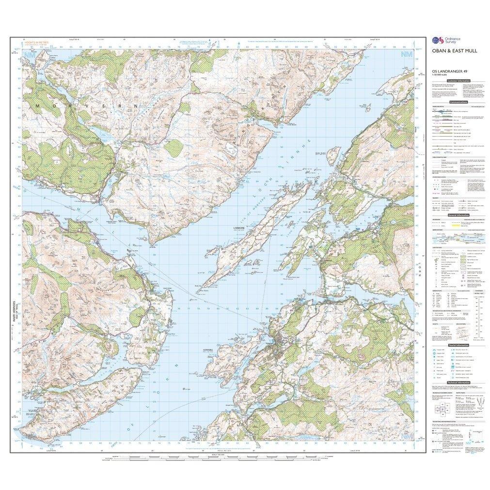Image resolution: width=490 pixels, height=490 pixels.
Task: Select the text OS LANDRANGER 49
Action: [x=444, y=72]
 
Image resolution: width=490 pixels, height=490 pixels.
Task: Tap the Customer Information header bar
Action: [x=458, y=81]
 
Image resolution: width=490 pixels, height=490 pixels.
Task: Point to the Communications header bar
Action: [x=458, y=103]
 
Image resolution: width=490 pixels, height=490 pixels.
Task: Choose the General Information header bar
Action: [x=458, y=215]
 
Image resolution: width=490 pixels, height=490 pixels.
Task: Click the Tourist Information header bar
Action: [x=458, y=344]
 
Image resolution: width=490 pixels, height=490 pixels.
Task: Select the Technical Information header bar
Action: [x=458, y=383]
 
